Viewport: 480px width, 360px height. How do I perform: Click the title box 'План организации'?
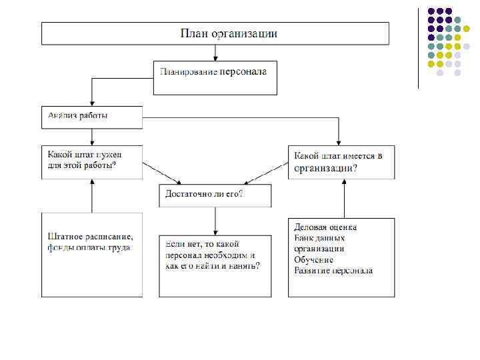tap(215, 33)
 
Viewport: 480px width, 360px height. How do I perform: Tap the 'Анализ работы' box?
tap(92, 117)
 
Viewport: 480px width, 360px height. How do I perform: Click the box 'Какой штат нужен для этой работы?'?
tap(92, 162)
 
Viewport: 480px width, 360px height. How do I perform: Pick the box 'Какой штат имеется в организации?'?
tap(341, 162)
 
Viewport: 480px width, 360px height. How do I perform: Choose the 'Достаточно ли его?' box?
tap(215, 195)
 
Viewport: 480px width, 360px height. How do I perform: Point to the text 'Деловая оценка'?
tap(326, 227)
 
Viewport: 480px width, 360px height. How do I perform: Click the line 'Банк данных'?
tap(319, 238)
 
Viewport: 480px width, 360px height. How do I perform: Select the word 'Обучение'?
tap(314, 259)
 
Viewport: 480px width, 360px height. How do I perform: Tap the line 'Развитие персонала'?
tap(333, 270)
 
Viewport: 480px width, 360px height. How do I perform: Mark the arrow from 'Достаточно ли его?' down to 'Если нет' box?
tap(215, 221)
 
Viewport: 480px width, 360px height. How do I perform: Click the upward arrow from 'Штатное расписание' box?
tap(92, 196)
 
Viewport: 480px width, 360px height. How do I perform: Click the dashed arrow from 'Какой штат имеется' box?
tap(267, 172)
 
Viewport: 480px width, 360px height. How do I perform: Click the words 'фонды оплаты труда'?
tap(89, 247)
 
